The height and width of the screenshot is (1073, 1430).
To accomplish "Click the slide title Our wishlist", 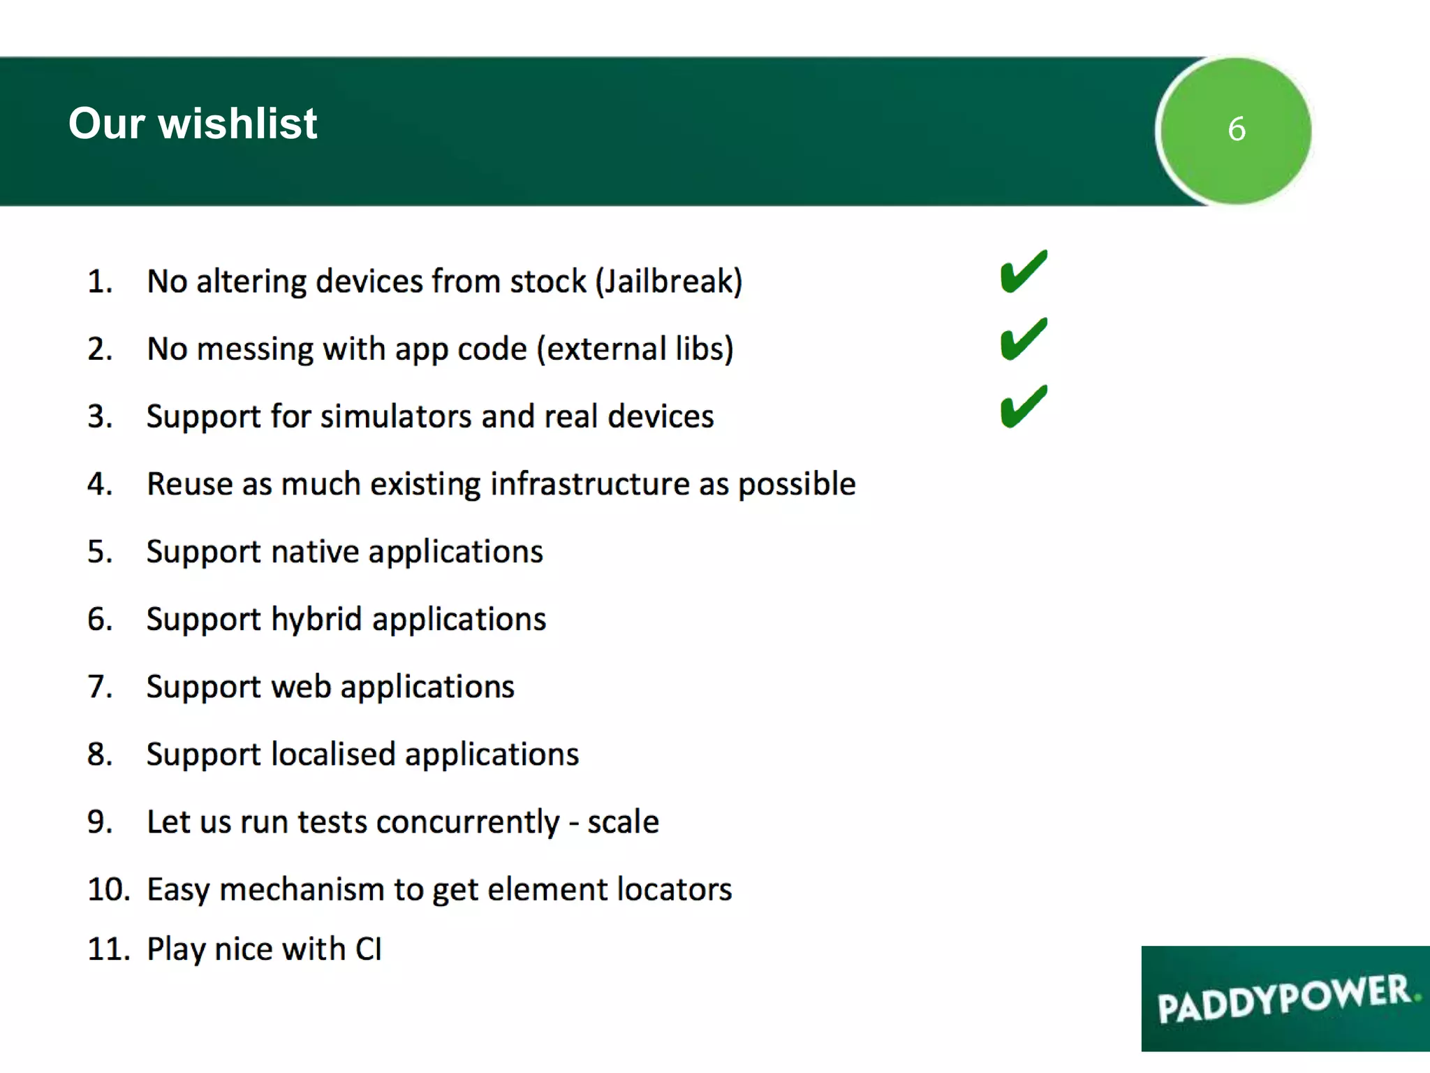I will [x=193, y=124].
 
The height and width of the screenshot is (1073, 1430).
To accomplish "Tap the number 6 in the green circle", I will [x=1236, y=129].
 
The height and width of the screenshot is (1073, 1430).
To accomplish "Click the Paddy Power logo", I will [x=1285, y=998].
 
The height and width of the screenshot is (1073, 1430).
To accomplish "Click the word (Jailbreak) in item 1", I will [x=668, y=282].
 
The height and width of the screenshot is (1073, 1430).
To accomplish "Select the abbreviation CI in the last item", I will [x=368, y=949].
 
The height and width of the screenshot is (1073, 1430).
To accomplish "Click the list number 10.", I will [x=108, y=890].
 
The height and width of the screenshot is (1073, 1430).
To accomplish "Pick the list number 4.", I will [x=99, y=484].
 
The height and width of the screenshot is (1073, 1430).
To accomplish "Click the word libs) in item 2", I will [x=704, y=349].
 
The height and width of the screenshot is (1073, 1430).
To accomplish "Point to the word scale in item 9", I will [x=622, y=822].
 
